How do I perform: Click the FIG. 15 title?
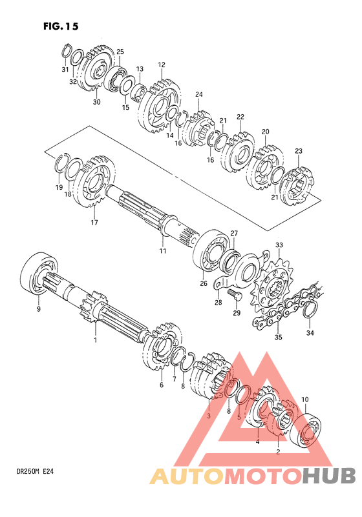[x=61, y=26]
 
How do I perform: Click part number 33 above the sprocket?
[x=279, y=245]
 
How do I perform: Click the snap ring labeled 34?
[x=310, y=310]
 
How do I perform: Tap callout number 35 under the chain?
[x=279, y=338]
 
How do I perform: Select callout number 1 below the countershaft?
[x=96, y=340]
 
